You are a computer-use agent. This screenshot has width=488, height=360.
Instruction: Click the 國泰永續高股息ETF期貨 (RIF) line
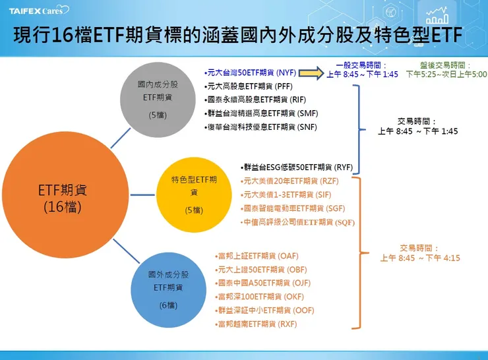pyautogui.click(x=251, y=100)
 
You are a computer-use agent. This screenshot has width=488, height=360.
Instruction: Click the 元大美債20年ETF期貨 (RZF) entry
pyautogui.click(x=281, y=181)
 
